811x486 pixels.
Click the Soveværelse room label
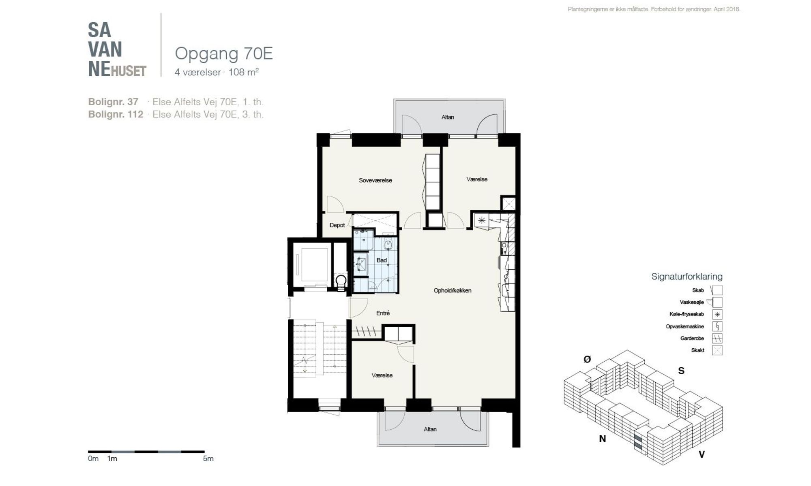point(375,180)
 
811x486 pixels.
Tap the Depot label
point(337,225)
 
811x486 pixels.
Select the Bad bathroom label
point(382,260)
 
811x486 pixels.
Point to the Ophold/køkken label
point(453,290)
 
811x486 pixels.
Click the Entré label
point(383,313)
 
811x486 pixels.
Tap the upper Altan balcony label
point(448,117)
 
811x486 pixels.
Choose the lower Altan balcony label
point(430,429)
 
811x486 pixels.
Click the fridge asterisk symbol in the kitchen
point(481,221)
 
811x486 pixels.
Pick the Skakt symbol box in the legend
point(717,350)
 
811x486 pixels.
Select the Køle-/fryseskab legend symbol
point(717,314)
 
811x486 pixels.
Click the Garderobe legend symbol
point(717,338)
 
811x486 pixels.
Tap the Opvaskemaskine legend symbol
point(717,326)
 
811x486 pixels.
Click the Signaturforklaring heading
point(687,277)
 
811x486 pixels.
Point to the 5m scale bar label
point(208,458)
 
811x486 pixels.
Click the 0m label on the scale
point(93,458)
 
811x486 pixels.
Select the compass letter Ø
point(587,359)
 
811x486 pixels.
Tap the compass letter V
point(702,454)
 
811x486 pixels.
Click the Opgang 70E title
point(224,53)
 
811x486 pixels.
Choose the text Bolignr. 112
point(116,114)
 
